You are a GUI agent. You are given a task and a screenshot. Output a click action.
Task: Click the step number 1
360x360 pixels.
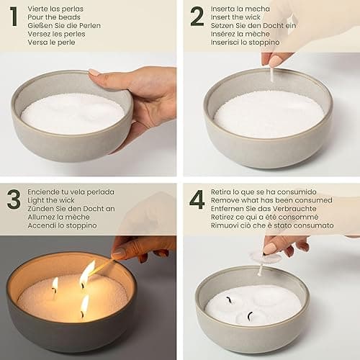[x=13, y=16]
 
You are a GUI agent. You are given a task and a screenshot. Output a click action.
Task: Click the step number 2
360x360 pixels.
[x=197, y=16]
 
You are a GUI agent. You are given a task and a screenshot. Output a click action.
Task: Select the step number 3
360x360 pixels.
[x=14, y=199]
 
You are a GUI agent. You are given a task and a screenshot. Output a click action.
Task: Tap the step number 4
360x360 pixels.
[x=197, y=199]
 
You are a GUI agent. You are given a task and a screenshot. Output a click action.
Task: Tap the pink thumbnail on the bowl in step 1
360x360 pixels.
[x=94, y=73]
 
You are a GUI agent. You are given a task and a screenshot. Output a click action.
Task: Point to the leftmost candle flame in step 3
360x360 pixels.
[x=55, y=284]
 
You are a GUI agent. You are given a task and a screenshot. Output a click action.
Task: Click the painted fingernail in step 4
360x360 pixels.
[x=269, y=248]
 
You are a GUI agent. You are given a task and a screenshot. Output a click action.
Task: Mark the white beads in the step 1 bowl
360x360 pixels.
[x=72, y=113]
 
